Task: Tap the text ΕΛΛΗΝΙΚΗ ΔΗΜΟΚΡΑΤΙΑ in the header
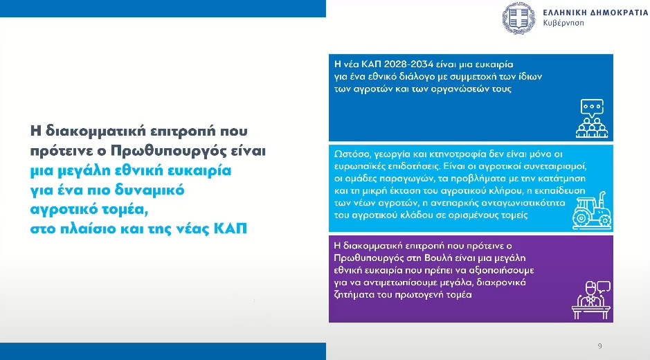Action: [x=584, y=11]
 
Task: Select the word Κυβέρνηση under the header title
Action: [x=564, y=23]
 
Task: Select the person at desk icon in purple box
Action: [x=590, y=298]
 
